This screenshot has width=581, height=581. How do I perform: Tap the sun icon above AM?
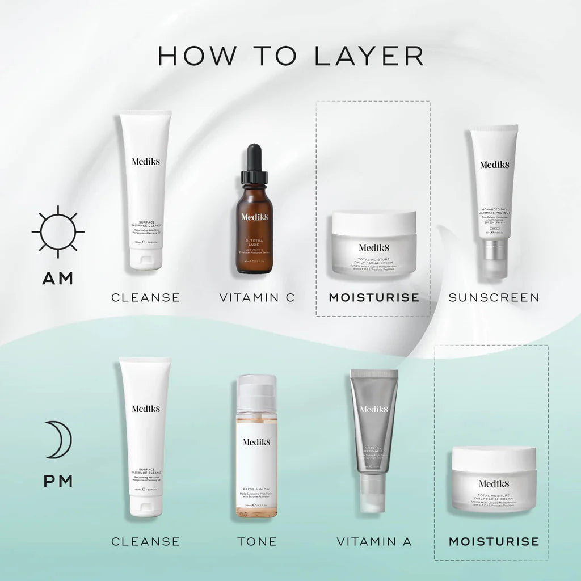tap(58, 231)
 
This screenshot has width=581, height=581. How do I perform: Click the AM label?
tap(58, 279)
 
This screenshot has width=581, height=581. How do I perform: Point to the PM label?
tap(58, 481)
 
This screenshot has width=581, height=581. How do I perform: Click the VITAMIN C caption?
tap(257, 297)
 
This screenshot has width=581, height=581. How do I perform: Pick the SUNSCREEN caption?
tap(494, 297)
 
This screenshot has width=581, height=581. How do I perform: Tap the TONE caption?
tap(257, 541)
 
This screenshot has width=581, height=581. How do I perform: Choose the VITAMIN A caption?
tap(374, 541)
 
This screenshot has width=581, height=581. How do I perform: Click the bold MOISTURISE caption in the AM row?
tap(374, 297)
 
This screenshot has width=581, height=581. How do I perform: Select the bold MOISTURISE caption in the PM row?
tap(494, 541)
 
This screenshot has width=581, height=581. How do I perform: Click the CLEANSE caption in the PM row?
tap(145, 541)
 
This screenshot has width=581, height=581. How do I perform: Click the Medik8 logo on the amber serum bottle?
tap(253, 217)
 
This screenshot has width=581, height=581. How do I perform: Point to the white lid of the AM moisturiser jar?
tap(374, 222)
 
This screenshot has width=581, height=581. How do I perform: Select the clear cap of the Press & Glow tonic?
tap(256, 391)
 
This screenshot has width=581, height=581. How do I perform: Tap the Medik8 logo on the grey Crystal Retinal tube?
tap(374, 409)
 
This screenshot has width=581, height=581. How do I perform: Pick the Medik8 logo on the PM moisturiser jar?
tap(494, 483)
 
